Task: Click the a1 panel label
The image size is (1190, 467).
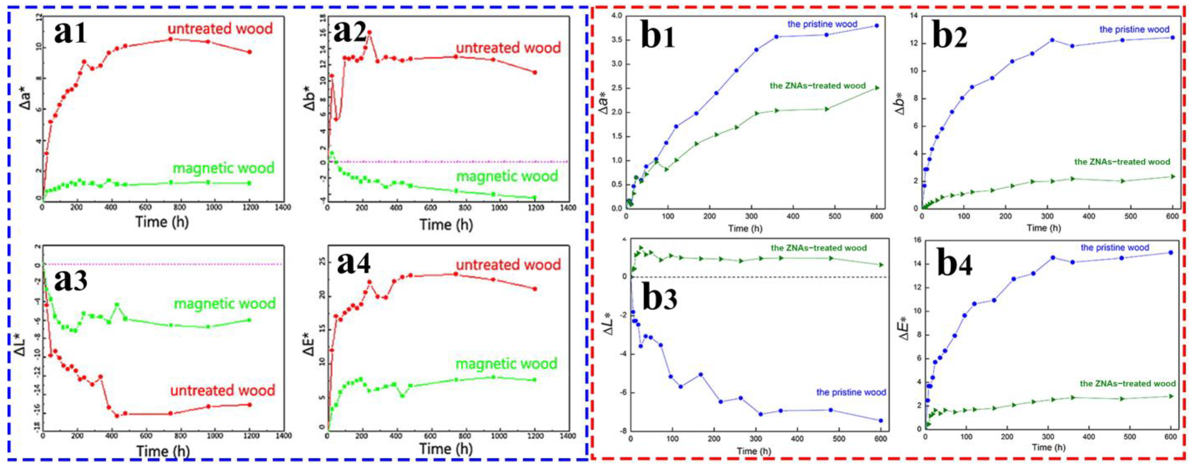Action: click(x=70, y=33)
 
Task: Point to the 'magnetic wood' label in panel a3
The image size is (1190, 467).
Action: click(x=225, y=303)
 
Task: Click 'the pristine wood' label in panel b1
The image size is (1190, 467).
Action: click(x=822, y=24)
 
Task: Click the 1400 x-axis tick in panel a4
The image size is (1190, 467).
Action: click(x=568, y=436)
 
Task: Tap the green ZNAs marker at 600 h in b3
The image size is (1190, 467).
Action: click(x=881, y=265)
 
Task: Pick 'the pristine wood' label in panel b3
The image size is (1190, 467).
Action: click(x=851, y=392)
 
